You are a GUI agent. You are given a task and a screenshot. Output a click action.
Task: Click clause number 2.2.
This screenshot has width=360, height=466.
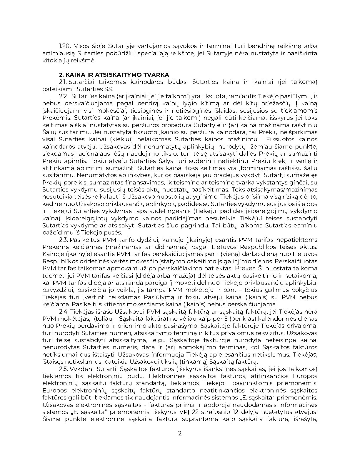coord(64,96)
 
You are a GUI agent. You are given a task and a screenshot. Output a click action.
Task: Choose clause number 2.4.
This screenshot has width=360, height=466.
coord(64,312)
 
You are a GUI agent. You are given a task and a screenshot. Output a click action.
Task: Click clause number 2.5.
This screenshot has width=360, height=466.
coord(64,369)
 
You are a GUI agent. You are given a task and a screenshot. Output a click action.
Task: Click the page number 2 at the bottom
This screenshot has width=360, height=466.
coord(180,433)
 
